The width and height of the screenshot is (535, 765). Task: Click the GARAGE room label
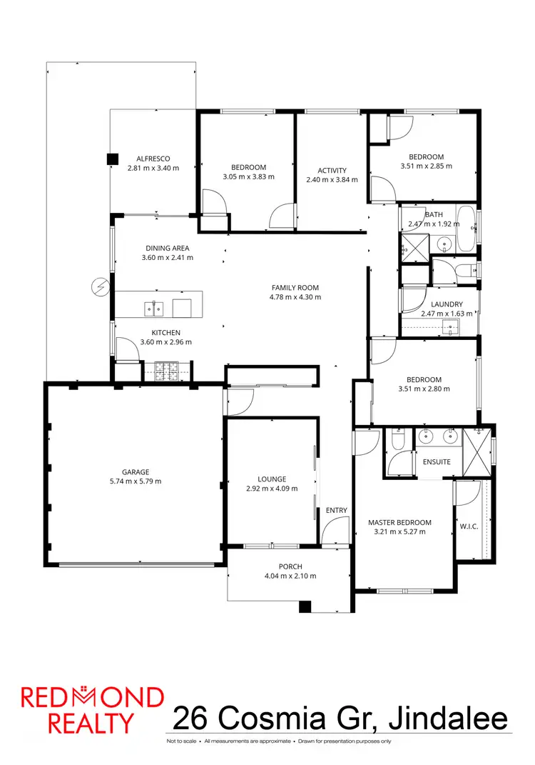point(135,471)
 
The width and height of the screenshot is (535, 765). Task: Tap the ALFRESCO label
point(153,159)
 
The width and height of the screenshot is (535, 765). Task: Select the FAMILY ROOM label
point(295,287)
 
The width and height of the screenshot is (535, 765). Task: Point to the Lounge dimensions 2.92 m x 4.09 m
point(271,489)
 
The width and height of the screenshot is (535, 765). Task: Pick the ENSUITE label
point(436,461)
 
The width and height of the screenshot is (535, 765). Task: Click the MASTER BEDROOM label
point(399,522)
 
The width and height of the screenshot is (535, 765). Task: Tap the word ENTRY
point(336,510)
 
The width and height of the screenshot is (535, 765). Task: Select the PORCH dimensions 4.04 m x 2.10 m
point(290,576)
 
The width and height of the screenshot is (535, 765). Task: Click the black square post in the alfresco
point(112,159)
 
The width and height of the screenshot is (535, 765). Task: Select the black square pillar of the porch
point(305,606)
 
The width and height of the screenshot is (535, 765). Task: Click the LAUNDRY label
point(447,304)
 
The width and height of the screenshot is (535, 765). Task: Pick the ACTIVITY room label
point(332,170)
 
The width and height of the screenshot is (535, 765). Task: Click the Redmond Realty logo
point(92,709)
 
